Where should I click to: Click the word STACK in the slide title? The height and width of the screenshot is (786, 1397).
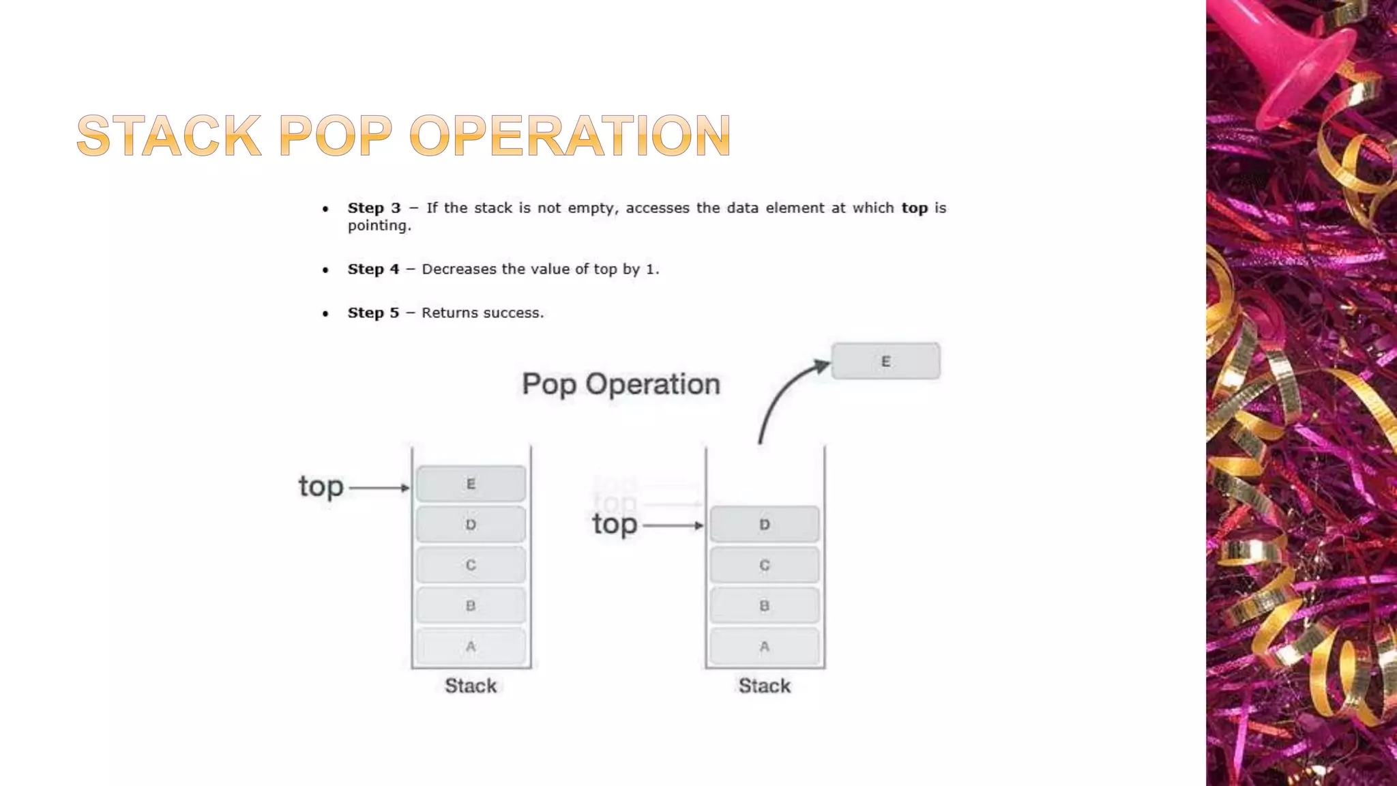point(168,136)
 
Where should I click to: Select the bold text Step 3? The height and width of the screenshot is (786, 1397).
point(374,208)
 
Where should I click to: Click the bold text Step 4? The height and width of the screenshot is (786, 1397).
point(373,270)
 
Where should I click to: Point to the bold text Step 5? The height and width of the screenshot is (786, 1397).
point(373,313)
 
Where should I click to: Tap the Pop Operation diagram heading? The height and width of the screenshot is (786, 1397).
point(621,384)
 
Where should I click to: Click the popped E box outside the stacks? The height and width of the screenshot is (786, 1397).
point(885,362)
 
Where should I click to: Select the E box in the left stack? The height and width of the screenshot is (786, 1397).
point(471,484)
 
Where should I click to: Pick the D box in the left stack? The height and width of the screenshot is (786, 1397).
point(471,525)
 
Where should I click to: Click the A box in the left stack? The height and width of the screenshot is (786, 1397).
point(471,646)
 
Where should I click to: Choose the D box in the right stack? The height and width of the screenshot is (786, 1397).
point(764,525)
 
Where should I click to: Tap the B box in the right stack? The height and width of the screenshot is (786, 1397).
point(764,606)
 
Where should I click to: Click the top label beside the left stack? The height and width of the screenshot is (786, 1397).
point(321,487)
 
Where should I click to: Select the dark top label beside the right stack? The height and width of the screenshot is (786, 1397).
point(615,525)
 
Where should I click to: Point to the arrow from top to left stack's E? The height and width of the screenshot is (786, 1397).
point(379,488)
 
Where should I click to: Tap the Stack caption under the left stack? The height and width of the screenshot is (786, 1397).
point(471,686)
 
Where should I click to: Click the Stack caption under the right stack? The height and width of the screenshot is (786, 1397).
point(764,686)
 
